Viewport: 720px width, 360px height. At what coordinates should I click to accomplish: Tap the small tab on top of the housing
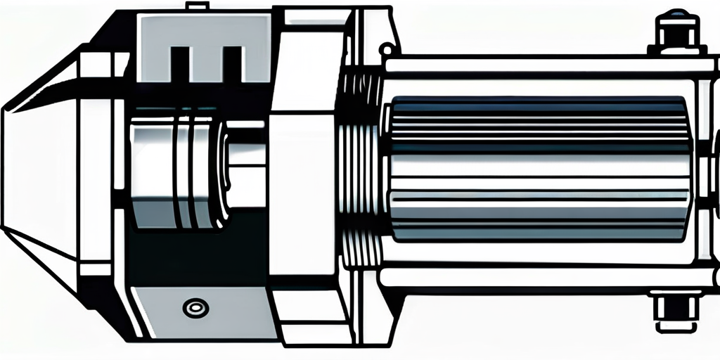tap(198, 6)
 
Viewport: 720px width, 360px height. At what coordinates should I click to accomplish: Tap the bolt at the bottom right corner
tap(676, 309)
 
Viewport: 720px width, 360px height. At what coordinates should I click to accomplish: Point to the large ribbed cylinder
tap(538, 169)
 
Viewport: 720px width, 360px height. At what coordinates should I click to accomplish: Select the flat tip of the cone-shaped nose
tap(8, 169)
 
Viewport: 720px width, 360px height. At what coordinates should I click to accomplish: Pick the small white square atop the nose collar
tap(96, 65)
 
